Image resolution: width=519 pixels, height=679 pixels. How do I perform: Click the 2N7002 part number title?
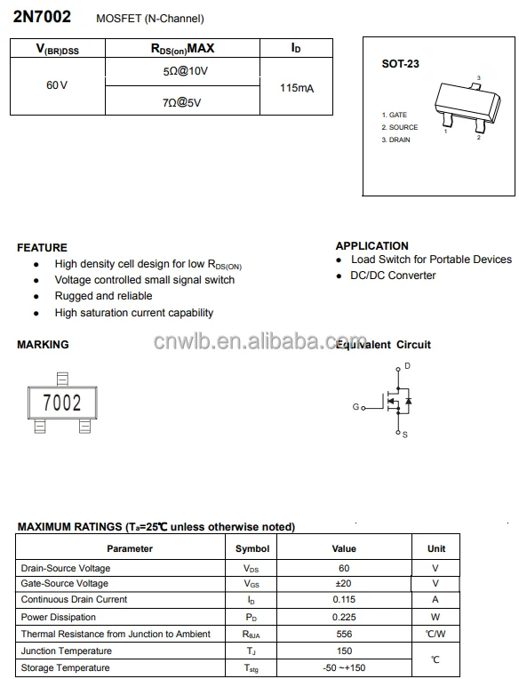point(42,18)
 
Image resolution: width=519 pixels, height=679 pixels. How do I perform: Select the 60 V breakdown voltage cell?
point(57,85)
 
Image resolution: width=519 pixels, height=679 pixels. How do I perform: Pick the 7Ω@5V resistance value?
point(181,102)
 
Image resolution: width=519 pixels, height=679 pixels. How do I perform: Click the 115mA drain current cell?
point(296,88)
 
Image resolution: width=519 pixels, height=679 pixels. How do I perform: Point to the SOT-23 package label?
point(400,64)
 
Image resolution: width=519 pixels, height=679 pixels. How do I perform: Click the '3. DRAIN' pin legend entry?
point(396,140)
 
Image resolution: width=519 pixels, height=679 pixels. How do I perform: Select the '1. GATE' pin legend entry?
point(395,116)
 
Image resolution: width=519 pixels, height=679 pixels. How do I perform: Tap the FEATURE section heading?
point(42,248)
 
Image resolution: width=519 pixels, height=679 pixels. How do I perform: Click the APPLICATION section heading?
point(372,246)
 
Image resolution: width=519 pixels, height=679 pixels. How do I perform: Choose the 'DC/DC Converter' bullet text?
point(393,276)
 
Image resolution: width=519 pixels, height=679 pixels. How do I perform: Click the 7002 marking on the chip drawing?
point(62,403)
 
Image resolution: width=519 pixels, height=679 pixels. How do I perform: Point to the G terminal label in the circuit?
point(355,407)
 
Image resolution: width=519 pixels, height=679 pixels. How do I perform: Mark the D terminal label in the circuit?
point(407,366)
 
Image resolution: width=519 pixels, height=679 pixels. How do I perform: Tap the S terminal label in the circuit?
point(405,435)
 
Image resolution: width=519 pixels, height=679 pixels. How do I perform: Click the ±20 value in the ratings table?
point(344,584)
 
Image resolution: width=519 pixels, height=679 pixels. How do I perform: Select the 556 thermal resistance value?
point(344,634)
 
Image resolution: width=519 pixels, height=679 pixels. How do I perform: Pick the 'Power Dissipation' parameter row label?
point(59,617)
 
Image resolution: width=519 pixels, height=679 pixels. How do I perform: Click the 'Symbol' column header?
point(252,548)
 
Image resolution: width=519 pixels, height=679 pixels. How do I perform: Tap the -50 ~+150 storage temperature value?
point(344,667)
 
